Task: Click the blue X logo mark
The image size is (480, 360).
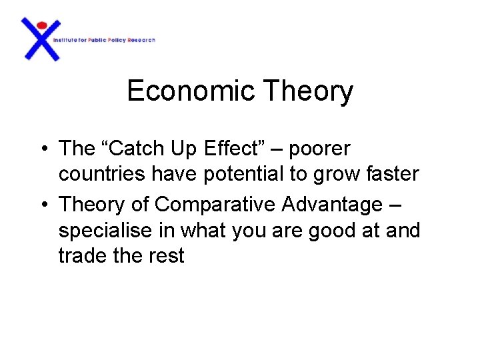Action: point(41,41)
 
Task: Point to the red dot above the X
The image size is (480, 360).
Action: point(41,25)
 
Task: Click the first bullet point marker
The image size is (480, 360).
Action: point(42,148)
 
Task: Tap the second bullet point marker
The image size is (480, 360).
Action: point(42,204)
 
